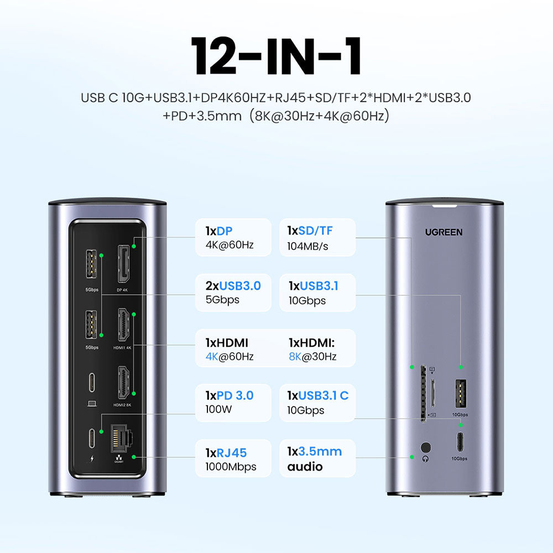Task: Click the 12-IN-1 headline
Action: pyautogui.click(x=276, y=57)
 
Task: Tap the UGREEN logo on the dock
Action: pyautogui.click(x=444, y=232)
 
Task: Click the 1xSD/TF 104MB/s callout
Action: pyautogui.click(x=317, y=237)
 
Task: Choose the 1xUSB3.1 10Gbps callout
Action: pyautogui.click(x=317, y=293)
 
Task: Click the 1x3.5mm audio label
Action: pyautogui.click(x=317, y=458)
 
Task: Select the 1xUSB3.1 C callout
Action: pyautogui.click(x=317, y=403)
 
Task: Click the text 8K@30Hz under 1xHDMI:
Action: pyautogui.click(x=312, y=357)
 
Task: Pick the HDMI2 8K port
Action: pyautogui.click(x=123, y=383)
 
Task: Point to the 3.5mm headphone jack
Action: pyautogui.click(x=426, y=447)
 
